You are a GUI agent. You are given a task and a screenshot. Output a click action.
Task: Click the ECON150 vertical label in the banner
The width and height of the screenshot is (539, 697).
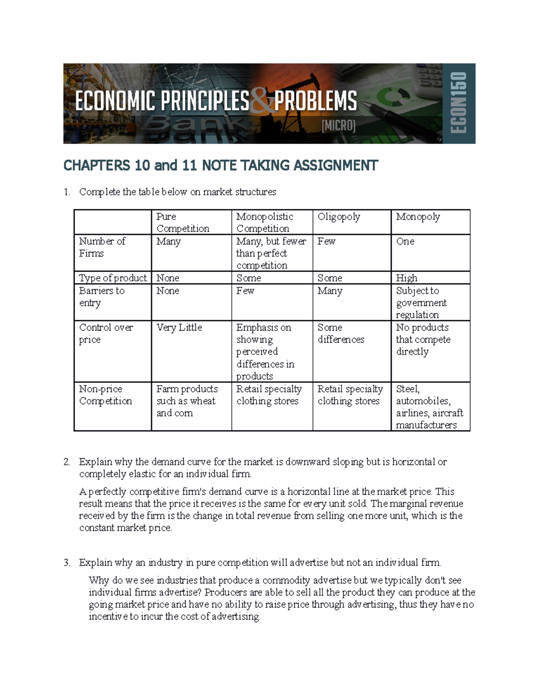click(459, 103)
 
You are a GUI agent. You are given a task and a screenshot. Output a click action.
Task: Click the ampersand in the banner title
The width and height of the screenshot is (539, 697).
click(262, 101)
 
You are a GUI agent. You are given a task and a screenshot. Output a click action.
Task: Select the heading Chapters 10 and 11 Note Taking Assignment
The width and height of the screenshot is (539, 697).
click(221, 166)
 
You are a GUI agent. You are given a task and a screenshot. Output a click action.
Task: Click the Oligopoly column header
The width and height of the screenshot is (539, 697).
click(339, 217)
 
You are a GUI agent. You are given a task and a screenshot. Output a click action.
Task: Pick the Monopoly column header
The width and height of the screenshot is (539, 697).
click(418, 217)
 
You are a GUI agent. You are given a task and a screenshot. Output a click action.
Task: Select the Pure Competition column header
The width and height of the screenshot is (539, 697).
click(182, 223)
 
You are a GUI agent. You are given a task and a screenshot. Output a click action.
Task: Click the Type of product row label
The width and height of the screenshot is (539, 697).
click(113, 278)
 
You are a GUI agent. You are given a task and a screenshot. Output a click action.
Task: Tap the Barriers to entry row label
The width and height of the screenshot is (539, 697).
click(102, 297)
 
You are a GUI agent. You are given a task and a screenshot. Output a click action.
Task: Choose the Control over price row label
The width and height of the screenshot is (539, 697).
click(106, 333)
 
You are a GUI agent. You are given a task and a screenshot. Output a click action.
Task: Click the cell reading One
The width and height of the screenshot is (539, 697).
click(405, 241)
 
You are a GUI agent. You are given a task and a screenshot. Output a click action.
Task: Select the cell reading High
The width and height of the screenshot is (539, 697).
click(406, 278)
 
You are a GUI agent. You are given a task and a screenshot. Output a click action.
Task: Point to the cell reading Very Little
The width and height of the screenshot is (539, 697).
click(179, 328)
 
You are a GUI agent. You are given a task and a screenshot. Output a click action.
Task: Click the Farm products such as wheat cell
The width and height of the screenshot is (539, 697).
click(186, 401)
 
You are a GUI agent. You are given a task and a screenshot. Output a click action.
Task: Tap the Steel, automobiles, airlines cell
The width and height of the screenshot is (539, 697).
click(429, 407)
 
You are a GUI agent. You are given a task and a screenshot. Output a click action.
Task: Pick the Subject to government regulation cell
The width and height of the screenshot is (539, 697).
click(421, 303)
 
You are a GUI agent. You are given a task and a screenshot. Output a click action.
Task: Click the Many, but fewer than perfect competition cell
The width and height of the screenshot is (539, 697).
click(271, 254)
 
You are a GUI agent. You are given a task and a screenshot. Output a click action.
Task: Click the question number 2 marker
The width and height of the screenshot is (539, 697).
click(66, 462)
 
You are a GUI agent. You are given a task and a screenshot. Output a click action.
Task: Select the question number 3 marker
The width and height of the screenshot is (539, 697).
click(66, 563)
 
